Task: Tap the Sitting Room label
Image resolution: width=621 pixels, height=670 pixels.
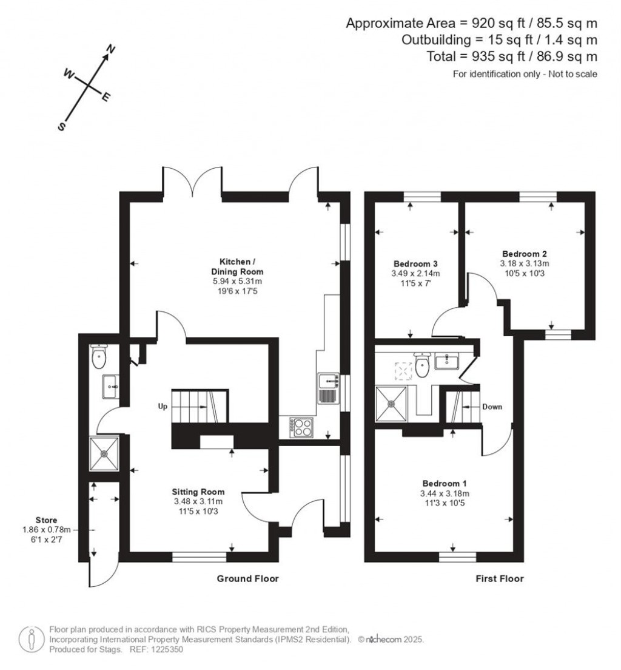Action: [x=198, y=492]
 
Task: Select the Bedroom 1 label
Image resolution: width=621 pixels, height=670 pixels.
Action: [x=444, y=483]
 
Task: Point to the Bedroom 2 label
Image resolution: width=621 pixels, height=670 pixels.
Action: [x=525, y=254]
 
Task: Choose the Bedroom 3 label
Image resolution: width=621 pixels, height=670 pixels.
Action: [x=415, y=264]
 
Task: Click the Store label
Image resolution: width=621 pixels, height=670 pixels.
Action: [x=46, y=520]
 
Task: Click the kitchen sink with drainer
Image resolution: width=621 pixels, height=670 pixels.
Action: [x=327, y=388]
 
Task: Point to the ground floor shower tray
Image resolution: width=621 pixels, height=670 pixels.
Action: [x=104, y=453]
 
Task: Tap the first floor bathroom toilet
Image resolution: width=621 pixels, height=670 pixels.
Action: [x=423, y=364]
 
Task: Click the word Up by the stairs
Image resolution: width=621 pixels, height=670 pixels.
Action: [x=163, y=407]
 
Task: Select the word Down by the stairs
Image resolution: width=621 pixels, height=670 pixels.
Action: [x=492, y=407]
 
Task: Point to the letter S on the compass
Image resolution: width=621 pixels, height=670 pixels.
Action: [x=61, y=126]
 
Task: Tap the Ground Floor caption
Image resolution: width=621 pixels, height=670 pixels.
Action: [x=247, y=579]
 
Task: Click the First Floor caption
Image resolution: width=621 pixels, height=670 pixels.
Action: [x=499, y=579]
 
